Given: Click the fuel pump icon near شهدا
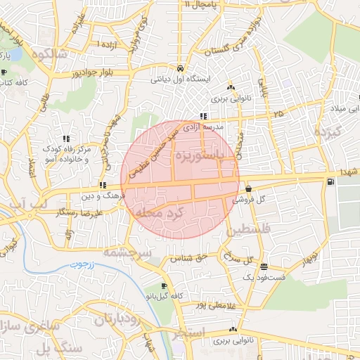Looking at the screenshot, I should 330,183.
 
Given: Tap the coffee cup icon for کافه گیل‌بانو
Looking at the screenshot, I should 164,286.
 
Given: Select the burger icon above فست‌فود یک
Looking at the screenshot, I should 264,266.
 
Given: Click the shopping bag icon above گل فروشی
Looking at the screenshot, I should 249,188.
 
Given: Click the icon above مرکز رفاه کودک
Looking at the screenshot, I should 66,139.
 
